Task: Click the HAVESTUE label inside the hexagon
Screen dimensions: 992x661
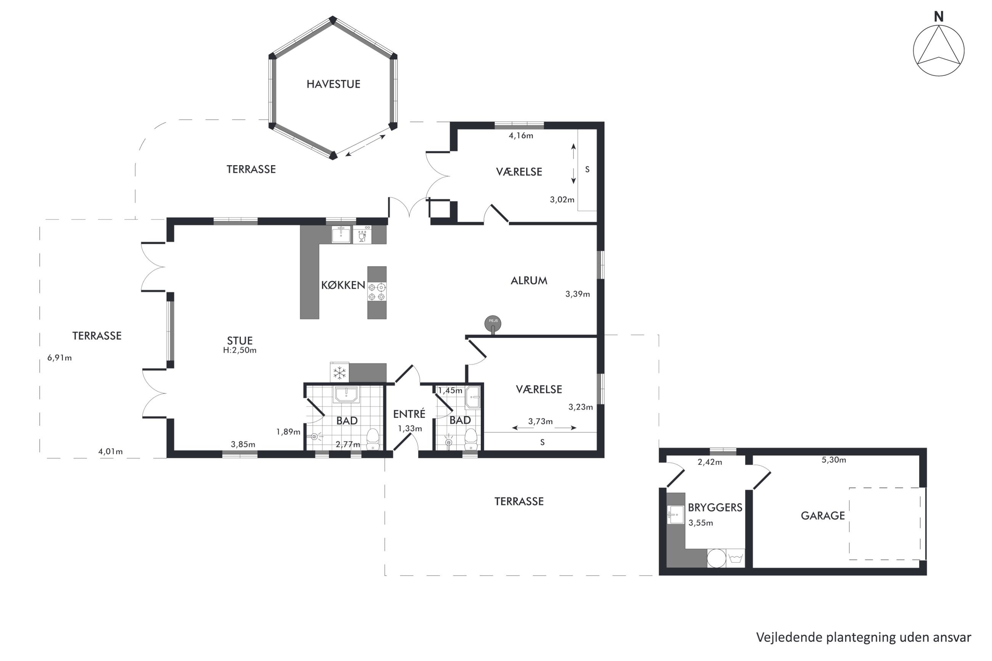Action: [333, 84]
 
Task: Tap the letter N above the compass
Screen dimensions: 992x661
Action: [939, 17]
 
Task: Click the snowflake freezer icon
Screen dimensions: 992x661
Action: [340, 373]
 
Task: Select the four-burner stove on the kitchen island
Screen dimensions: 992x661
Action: [377, 292]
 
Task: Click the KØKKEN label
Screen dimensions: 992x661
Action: [343, 285]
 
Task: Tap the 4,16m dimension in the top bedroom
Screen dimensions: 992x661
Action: [521, 136]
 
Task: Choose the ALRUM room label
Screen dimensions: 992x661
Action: [529, 281]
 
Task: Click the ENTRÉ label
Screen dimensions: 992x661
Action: [409, 414]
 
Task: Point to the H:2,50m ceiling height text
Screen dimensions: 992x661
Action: [240, 350]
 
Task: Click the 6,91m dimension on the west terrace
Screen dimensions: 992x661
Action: [60, 358]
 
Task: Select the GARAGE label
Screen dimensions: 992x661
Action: [823, 516]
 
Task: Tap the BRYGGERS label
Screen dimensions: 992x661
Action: [715, 508]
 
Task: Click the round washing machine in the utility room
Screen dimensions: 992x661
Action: [716, 558]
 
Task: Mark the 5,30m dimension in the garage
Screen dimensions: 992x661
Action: [834, 460]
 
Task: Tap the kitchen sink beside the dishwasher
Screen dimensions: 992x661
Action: [341, 235]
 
